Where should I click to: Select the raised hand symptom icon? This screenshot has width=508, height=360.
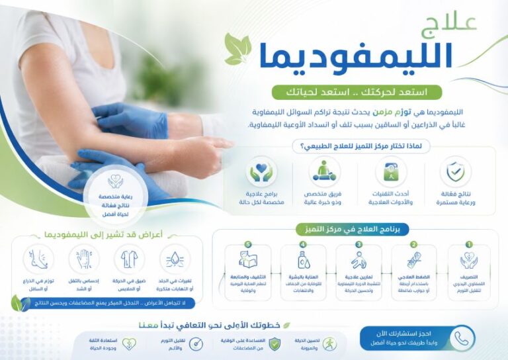[x=83, y=259]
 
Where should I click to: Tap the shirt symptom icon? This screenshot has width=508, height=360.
[x=128, y=259]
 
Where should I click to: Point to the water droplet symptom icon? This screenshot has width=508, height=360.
[x=174, y=259]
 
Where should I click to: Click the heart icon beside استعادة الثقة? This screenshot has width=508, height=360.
[x=130, y=343]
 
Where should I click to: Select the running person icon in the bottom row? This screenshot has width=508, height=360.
[x=329, y=343]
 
